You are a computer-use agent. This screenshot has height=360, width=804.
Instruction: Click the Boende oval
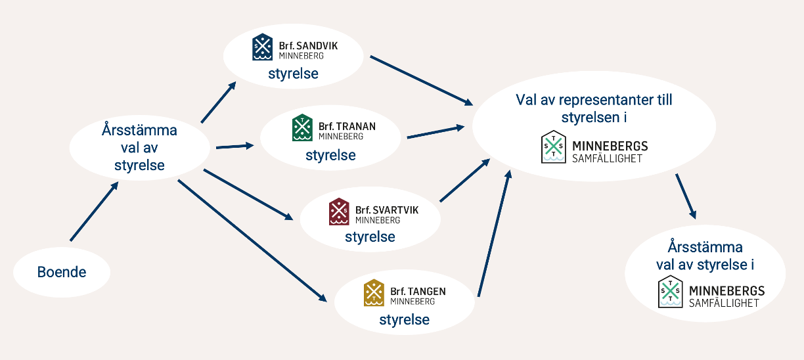62,271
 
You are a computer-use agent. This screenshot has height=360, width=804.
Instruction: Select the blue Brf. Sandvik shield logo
263,47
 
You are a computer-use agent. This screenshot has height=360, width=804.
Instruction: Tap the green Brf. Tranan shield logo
302,128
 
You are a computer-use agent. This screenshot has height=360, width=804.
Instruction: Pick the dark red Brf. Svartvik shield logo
339,212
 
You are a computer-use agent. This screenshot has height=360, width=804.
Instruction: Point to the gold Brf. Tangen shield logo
374,293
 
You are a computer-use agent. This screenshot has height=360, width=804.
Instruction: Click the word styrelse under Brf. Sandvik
293,74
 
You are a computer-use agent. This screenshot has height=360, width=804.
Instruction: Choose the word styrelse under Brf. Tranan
330,156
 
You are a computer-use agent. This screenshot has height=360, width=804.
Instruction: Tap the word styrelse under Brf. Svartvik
370,236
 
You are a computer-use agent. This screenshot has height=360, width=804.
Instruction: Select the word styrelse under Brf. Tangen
404,320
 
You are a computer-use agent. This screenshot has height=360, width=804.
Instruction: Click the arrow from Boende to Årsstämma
93,212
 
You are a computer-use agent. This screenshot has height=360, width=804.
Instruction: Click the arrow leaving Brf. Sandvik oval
420,80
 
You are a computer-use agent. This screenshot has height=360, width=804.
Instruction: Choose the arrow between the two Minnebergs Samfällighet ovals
684,196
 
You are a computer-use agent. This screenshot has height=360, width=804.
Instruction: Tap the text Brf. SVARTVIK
386,210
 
